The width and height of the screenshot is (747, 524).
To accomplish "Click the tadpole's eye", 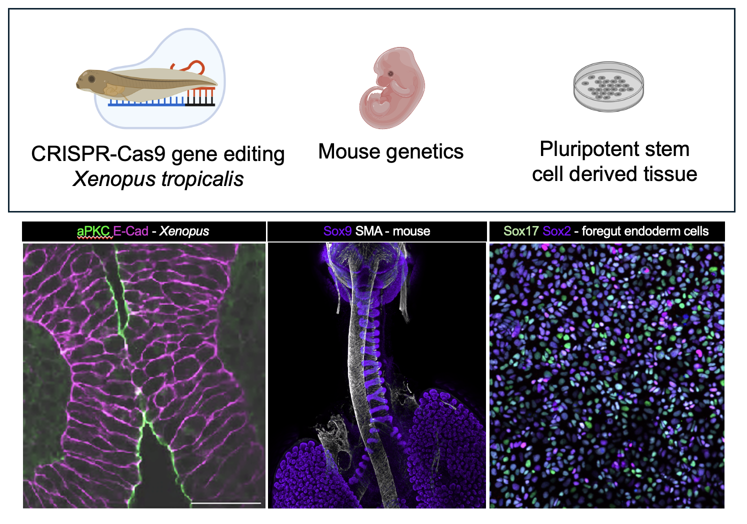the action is (x=91, y=79).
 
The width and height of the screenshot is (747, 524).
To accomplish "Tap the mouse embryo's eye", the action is (x=390, y=74).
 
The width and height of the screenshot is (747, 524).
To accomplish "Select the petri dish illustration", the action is (x=608, y=86).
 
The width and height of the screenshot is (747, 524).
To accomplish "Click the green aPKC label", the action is (x=93, y=231).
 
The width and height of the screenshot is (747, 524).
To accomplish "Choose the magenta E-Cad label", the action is (x=131, y=231).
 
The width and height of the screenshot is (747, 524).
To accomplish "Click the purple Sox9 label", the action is (x=337, y=231).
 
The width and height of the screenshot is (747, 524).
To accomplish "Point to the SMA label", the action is (x=368, y=231).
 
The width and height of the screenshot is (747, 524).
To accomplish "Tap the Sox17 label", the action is (x=521, y=231).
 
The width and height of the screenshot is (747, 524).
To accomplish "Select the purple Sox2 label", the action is (x=556, y=231).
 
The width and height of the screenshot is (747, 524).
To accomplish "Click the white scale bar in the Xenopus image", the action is (x=226, y=502).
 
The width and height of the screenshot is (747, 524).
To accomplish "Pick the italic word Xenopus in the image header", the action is (x=184, y=231).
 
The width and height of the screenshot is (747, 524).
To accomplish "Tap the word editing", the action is (x=254, y=154).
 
